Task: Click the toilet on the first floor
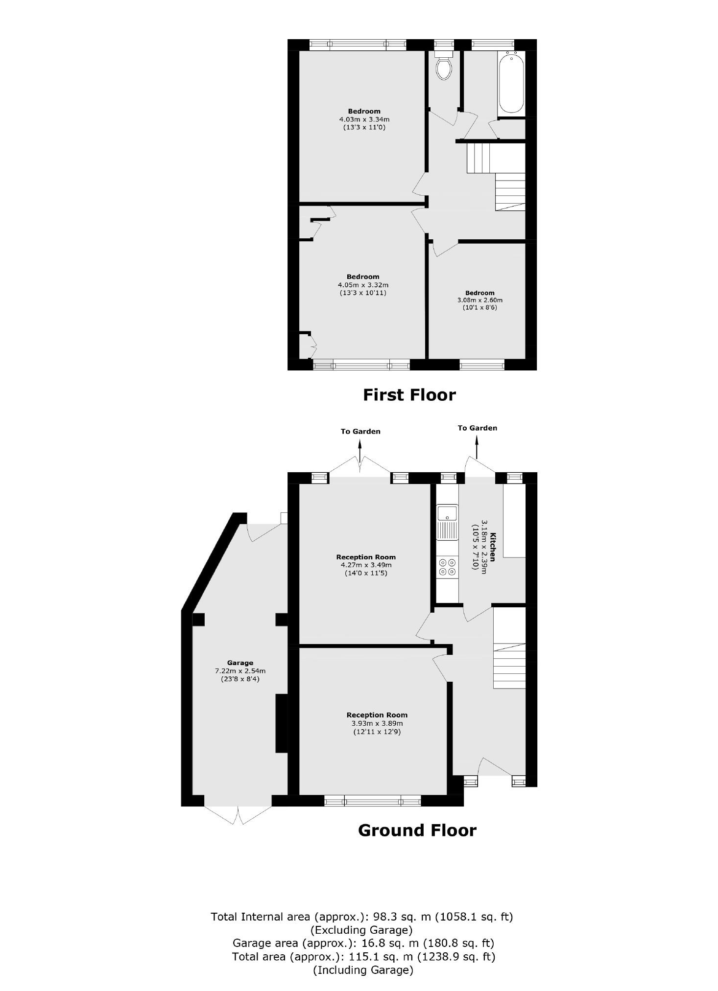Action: tap(444, 67)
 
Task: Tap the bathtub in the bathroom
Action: tap(511, 84)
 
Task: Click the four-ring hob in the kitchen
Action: tap(447, 567)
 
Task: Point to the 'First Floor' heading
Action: tap(409, 395)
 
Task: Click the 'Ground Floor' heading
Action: tap(417, 831)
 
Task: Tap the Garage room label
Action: tap(240, 663)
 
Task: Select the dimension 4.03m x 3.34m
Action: tap(364, 119)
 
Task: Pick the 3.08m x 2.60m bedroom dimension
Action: tap(480, 300)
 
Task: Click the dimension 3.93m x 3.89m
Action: tap(377, 723)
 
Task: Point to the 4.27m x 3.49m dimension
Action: tap(366, 565)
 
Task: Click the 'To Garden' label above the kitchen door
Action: tap(477, 428)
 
